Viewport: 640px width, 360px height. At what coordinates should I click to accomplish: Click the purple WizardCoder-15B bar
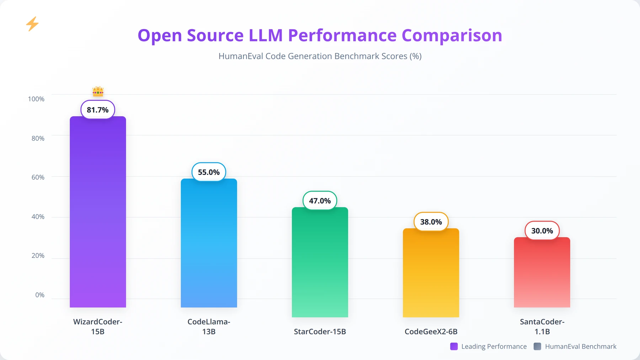pos(98,212)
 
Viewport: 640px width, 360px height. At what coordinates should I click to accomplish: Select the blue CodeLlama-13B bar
pos(209,243)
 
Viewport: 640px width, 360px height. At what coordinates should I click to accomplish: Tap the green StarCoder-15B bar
pos(320,262)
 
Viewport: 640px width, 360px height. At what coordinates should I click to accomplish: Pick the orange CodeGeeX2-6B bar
pos(431,273)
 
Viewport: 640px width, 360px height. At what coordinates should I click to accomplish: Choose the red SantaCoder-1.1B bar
pos(542,272)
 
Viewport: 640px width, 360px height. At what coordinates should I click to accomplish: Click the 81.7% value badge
pos(98,110)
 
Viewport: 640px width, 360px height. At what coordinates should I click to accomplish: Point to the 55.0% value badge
pos(209,172)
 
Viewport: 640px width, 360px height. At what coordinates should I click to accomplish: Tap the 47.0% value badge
pos(320,201)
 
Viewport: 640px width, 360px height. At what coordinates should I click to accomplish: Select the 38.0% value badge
pos(431,222)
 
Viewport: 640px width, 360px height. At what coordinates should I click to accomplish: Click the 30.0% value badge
pos(542,231)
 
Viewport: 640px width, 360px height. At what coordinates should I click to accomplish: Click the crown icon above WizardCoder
pos(98,91)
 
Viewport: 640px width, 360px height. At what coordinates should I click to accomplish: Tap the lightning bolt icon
pos(32,24)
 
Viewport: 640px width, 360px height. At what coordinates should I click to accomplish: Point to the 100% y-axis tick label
pos(36,99)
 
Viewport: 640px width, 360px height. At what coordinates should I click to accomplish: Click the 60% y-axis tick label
pos(38,177)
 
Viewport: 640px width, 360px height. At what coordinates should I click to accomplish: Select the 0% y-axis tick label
pos(40,295)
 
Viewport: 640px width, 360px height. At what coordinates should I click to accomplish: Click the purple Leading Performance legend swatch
pos(454,346)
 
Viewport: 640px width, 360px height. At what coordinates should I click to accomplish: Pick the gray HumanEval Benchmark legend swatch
pos(538,346)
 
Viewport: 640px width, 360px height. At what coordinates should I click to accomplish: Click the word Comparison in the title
pos(452,36)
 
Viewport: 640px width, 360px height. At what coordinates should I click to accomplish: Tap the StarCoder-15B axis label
pos(320,332)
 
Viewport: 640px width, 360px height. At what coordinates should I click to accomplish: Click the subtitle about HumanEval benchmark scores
pos(320,56)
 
